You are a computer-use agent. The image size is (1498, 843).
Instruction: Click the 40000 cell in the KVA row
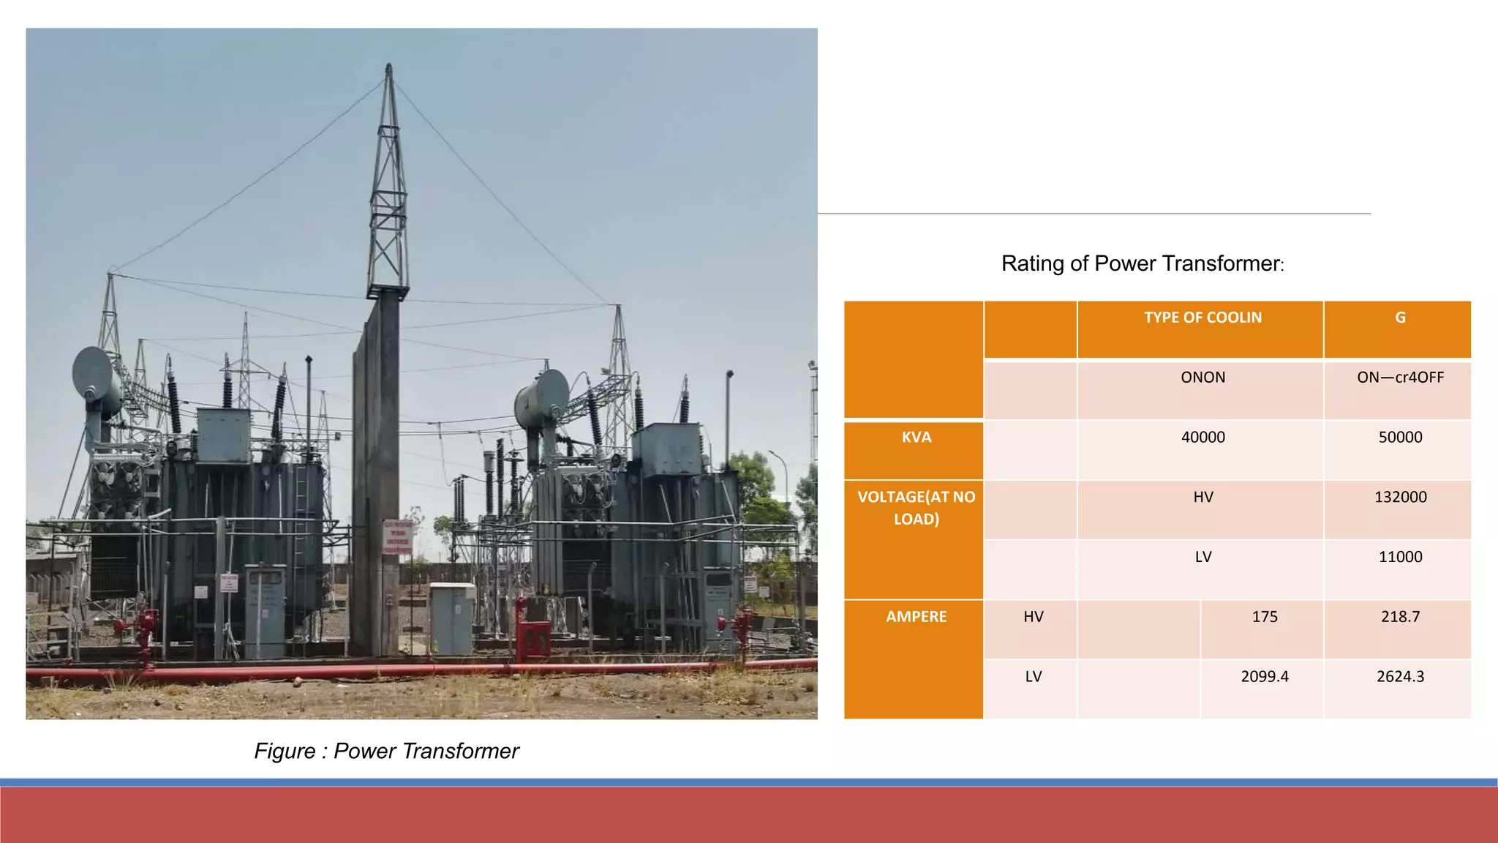pyautogui.click(x=1202, y=438)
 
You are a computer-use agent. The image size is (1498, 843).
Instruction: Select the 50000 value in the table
pyautogui.click(x=1400, y=438)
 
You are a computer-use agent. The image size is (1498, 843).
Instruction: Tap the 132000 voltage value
pyautogui.click(x=1400, y=498)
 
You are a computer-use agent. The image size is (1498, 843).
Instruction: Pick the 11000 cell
pyautogui.click(x=1400, y=557)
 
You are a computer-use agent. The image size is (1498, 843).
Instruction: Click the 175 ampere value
pyautogui.click(x=1265, y=617)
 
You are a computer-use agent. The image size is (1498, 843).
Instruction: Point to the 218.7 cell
pyautogui.click(x=1400, y=617)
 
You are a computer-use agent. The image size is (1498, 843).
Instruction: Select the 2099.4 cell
pyautogui.click(x=1265, y=677)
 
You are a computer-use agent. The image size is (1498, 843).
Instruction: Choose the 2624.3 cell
pyautogui.click(x=1400, y=677)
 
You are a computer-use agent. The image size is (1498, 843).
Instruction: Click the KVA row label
pyautogui.click(x=916, y=438)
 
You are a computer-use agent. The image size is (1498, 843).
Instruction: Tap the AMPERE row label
pyautogui.click(x=916, y=617)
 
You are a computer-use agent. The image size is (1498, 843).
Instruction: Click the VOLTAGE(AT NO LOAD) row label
pyautogui.click(x=916, y=508)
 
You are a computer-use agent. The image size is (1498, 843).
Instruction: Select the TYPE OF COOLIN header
pyautogui.click(x=1202, y=318)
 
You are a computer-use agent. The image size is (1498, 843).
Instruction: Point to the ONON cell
pyautogui.click(x=1202, y=378)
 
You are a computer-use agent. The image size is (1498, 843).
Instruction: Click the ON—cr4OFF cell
pyautogui.click(x=1400, y=378)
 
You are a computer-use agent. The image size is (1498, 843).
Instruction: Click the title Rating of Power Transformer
pyautogui.click(x=1142, y=263)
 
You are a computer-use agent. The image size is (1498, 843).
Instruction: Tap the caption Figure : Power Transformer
pyautogui.click(x=386, y=752)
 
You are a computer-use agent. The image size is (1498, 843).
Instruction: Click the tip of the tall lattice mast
pyautogui.click(x=388, y=67)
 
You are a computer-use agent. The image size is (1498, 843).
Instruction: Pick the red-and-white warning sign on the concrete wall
pyautogui.click(x=398, y=536)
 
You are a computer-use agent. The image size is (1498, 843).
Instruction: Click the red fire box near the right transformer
pyautogui.click(x=534, y=638)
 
